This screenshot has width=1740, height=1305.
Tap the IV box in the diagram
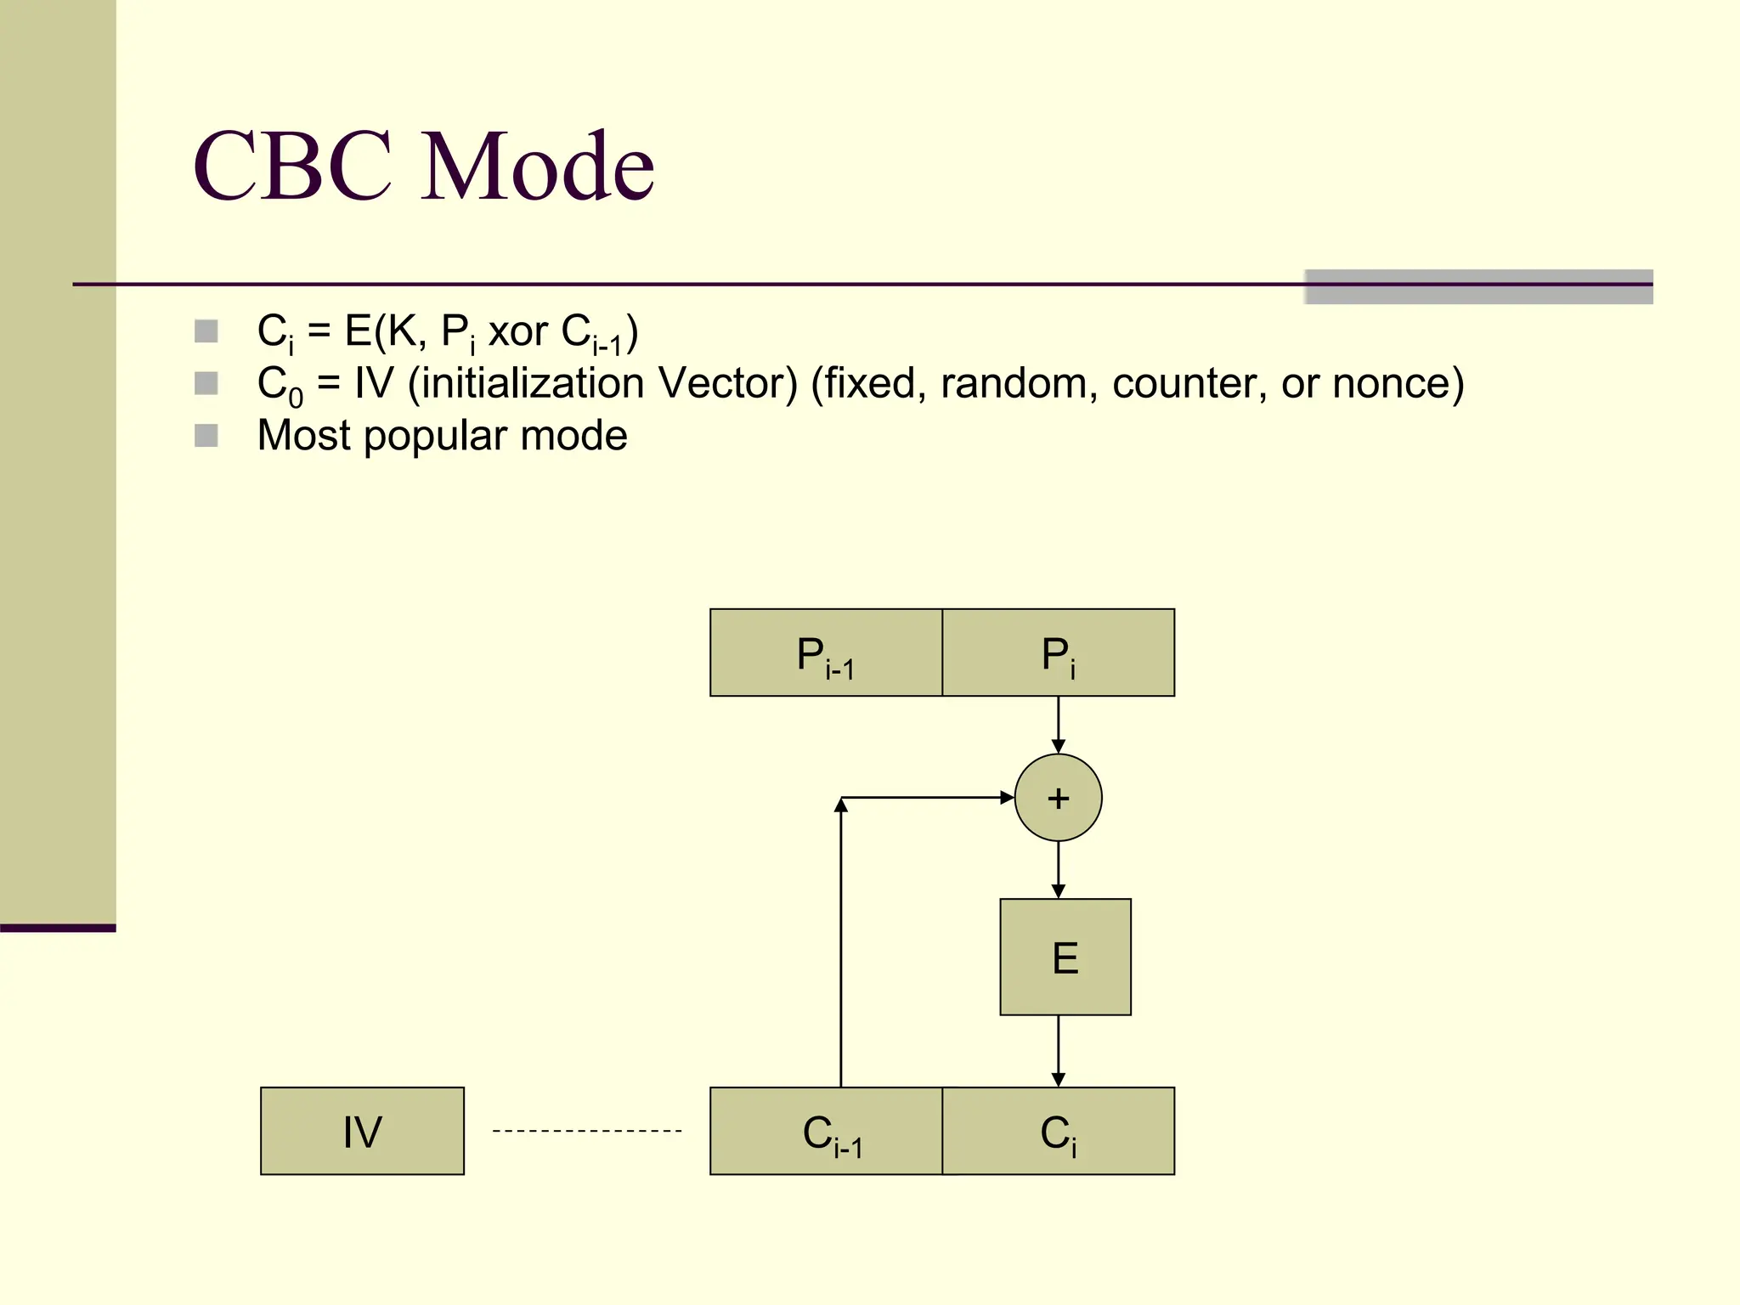coord(362,1131)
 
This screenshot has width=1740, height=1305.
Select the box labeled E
coord(1065,957)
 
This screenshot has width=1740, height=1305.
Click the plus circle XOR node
coord(1058,798)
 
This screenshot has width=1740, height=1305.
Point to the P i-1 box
coord(826,652)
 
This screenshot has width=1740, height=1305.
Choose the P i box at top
coord(1058,652)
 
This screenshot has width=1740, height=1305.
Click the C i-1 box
coord(826,1131)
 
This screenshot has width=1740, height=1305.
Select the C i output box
coord(1058,1131)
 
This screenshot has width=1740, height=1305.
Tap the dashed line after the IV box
coord(586,1131)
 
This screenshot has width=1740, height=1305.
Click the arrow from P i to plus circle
coord(1058,724)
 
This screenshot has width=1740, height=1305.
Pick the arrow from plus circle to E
coord(1058,869)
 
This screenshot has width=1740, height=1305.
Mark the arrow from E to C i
coord(1058,1050)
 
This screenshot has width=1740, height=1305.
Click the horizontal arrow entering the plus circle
coord(926,798)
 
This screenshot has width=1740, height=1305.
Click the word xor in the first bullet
coord(517,332)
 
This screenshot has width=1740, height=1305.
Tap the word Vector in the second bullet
coord(727,383)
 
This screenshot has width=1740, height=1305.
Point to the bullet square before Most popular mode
coord(206,436)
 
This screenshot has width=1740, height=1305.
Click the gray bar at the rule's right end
coord(1478,287)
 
